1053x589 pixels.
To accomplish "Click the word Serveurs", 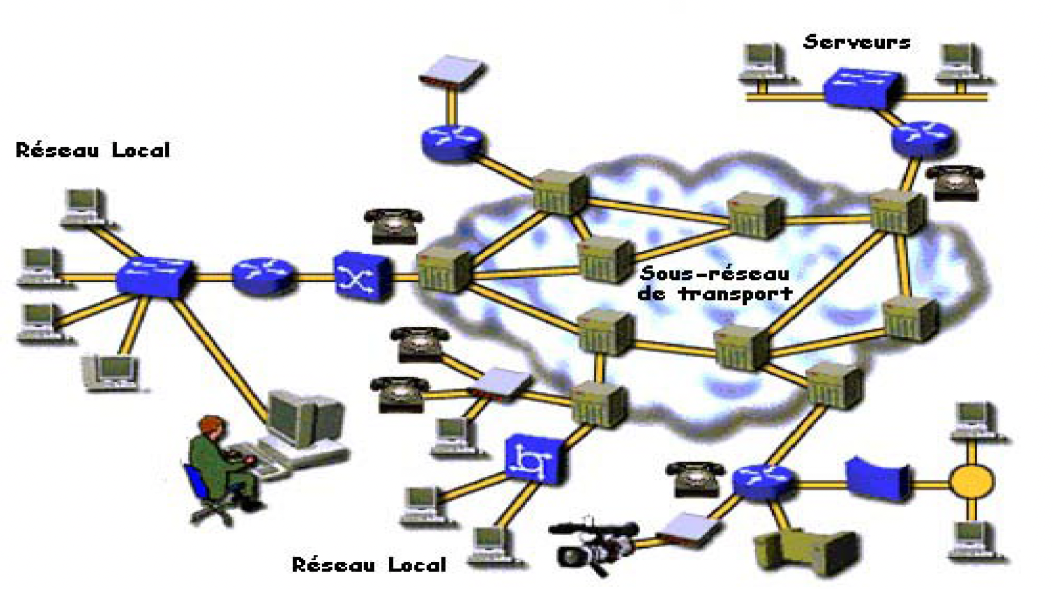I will click(x=857, y=42).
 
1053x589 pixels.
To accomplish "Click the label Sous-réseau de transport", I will click(x=714, y=284).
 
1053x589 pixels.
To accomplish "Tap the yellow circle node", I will click(x=971, y=481).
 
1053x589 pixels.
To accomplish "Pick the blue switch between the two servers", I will click(x=862, y=87).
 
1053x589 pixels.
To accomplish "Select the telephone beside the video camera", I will click(x=695, y=479).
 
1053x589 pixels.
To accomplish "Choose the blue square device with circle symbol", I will click(x=534, y=459).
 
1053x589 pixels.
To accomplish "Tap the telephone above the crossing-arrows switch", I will click(x=393, y=225).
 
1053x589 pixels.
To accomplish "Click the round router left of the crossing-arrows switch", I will click(x=263, y=276).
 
